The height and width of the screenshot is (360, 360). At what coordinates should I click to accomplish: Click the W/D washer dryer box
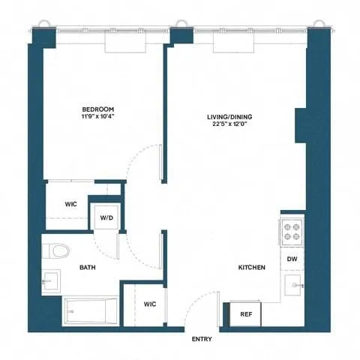(106, 218)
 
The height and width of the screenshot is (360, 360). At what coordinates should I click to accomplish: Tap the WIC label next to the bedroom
(71, 204)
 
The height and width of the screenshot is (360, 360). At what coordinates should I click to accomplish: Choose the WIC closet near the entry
(150, 304)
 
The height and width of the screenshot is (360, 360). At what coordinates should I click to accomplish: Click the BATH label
(88, 267)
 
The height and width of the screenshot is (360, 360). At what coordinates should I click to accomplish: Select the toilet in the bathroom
(56, 250)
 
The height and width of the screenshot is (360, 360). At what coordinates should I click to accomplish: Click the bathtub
(91, 309)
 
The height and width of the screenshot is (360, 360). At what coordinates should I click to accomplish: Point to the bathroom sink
(51, 280)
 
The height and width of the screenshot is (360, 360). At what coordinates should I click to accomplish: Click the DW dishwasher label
(292, 259)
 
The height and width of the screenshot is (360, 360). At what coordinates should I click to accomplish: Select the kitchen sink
(292, 285)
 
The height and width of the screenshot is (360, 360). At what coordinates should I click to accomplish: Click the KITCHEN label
(250, 267)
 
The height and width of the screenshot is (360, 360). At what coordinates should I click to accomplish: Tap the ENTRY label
(202, 340)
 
